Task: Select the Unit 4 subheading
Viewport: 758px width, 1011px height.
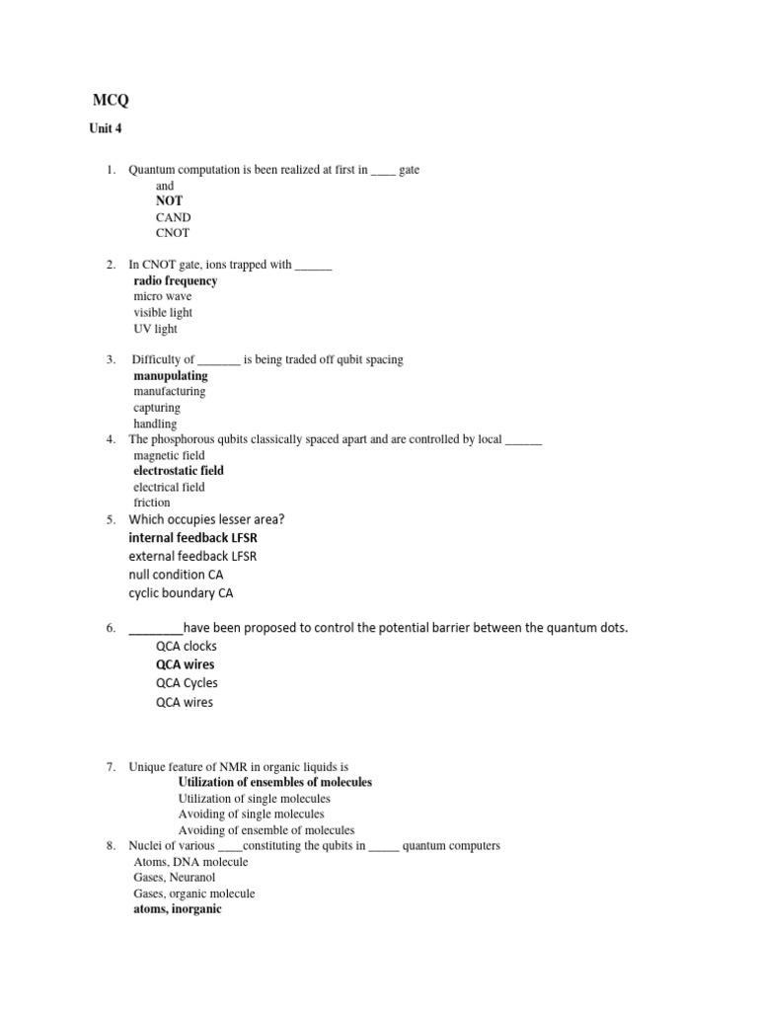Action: pyautogui.click(x=106, y=128)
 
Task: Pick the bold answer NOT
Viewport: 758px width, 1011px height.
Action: pyautogui.click(x=169, y=200)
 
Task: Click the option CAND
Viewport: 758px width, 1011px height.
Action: pyautogui.click(x=173, y=217)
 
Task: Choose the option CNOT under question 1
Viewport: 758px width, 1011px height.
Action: pyautogui.click(x=173, y=233)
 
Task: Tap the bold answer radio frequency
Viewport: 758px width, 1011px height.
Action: pyautogui.click(x=176, y=280)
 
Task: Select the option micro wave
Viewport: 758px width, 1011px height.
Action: pyautogui.click(x=163, y=296)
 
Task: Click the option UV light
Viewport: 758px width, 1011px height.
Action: pyautogui.click(x=156, y=329)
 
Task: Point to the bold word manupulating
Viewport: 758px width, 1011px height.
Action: pyautogui.click(x=171, y=375)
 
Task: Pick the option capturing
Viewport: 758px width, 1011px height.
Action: pyautogui.click(x=157, y=408)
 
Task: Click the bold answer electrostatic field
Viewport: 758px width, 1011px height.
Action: pyautogui.click(x=179, y=471)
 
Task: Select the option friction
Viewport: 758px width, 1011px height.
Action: pyautogui.click(x=152, y=503)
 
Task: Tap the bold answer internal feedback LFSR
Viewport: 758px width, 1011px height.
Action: pyautogui.click(x=192, y=538)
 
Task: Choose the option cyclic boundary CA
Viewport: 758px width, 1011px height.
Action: pyautogui.click(x=181, y=593)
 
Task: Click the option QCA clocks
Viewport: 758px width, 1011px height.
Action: pyautogui.click(x=186, y=646)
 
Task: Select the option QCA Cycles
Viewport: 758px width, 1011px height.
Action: pyautogui.click(x=187, y=683)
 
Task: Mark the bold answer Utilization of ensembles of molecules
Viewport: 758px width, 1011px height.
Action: pyautogui.click(x=275, y=782)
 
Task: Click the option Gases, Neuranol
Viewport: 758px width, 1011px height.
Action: pyautogui.click(x=175, y=878)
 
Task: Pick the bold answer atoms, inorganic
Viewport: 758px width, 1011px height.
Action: pyautogui.click(x=178, y=909)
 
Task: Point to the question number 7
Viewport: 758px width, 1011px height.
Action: pyautogui.click(x=111, y=766)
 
